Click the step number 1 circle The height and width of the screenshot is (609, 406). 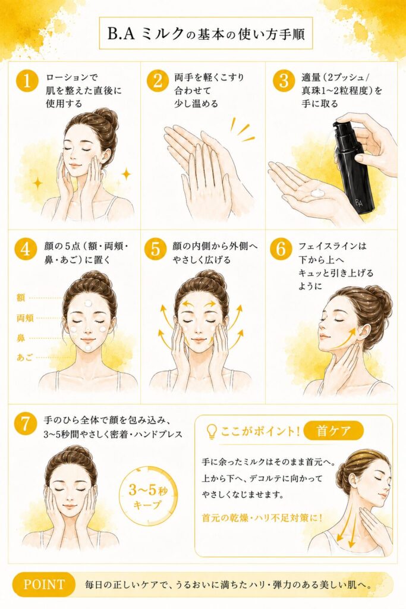pos(27,81)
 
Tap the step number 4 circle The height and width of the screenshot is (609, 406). pos(25,249)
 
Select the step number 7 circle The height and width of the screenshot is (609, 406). pos(25,423)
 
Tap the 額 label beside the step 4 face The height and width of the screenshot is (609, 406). pos(21,297)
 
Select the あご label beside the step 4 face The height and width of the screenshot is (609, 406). pos(24,357)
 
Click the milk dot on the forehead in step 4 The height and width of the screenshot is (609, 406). pos(89,303)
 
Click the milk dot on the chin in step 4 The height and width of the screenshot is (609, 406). pos(89,349)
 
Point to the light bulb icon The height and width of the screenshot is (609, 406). pos(212,431)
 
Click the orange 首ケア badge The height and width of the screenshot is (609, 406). pos(333,431)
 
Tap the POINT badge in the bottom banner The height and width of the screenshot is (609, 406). pos(43,584)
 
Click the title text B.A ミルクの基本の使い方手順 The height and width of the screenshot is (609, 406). pos(206,34)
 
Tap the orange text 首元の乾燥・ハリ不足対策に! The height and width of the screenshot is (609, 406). pos(262,518)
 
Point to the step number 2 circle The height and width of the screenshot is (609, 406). pos(157,81)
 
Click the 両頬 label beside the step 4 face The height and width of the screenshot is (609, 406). pos(25,318)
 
